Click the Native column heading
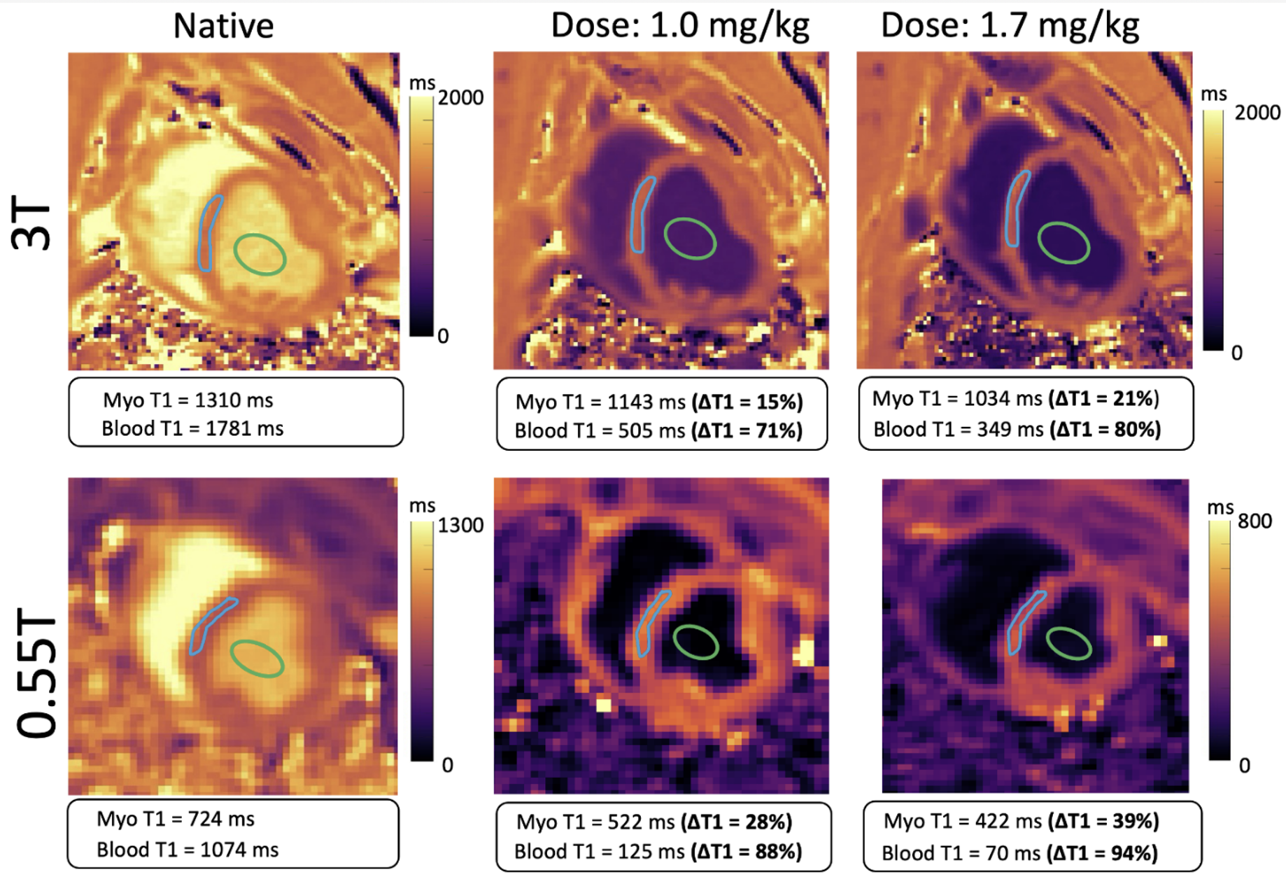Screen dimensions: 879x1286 tap(223, 27)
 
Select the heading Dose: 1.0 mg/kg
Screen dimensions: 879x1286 tap(679, 26)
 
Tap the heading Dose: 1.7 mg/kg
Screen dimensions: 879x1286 tap(1010, 26)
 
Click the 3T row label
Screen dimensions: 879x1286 tap(31, 225)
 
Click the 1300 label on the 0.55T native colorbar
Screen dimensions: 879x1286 tap(460, 525)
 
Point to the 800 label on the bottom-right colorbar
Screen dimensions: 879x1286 tap(1255, 521)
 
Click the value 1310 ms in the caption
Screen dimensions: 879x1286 tap(234, 400)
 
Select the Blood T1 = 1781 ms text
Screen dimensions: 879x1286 tap(192, 428)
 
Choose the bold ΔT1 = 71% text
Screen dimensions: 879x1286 tap(747, 430)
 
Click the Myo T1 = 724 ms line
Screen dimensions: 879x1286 tap(175, 819)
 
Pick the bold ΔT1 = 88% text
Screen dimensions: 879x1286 tap(746, 852)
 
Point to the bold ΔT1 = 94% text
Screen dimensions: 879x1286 tap(1103, 853)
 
